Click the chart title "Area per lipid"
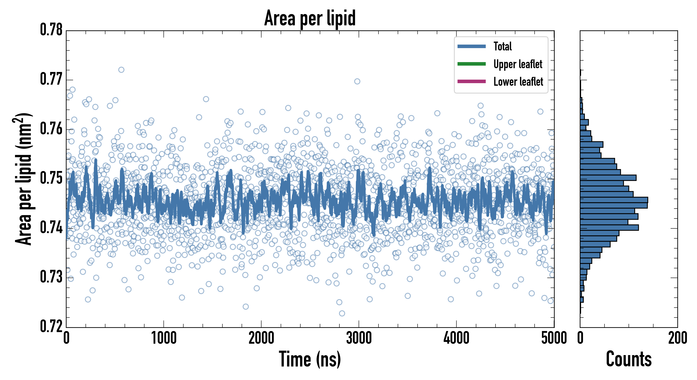pos(310,18)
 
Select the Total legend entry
pos(502,46)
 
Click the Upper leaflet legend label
pos(518,64)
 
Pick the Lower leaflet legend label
pos(518,82)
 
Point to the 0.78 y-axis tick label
pos(51,30)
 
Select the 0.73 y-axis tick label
pos(51,277)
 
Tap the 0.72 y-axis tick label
pos(51,326)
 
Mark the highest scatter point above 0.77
pos(121,70)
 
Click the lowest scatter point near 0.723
pos(342,313)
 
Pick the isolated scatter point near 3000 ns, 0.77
pos(357,81)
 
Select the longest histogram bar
pos(614,200)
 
